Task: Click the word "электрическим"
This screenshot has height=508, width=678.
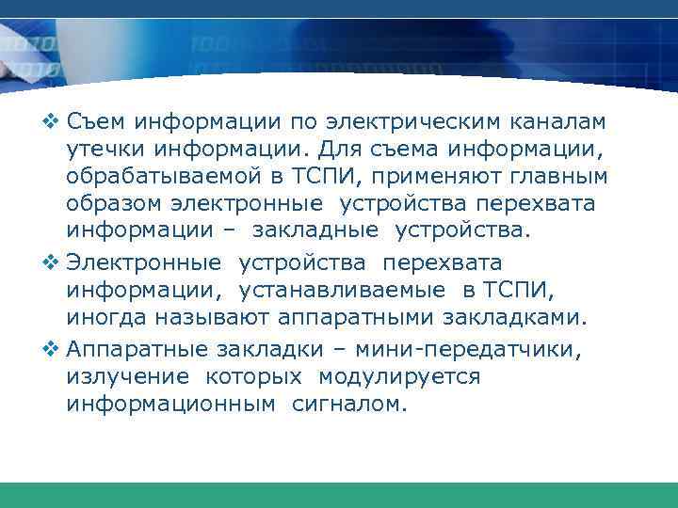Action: pyautogui.click(x=416, y=122)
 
